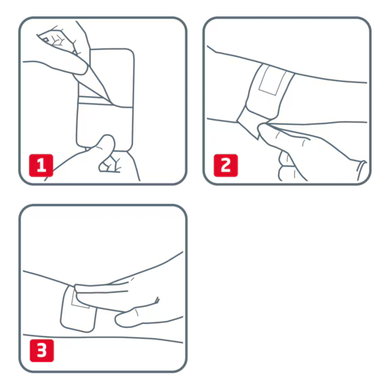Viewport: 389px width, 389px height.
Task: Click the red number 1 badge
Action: (x=41, y=165)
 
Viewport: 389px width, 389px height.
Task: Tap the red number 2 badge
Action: (x=226, y=165)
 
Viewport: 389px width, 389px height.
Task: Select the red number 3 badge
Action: (x=42, y=350)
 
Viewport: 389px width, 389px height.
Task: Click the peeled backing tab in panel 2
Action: (x=249, y=122)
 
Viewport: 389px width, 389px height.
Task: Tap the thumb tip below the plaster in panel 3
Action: (x=124, y=319)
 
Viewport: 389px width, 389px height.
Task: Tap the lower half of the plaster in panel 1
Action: (x=104, y=127)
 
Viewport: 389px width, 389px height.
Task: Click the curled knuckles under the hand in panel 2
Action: (x=288, y=166)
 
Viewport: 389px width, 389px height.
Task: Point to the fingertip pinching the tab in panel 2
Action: (x=264, y=130)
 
